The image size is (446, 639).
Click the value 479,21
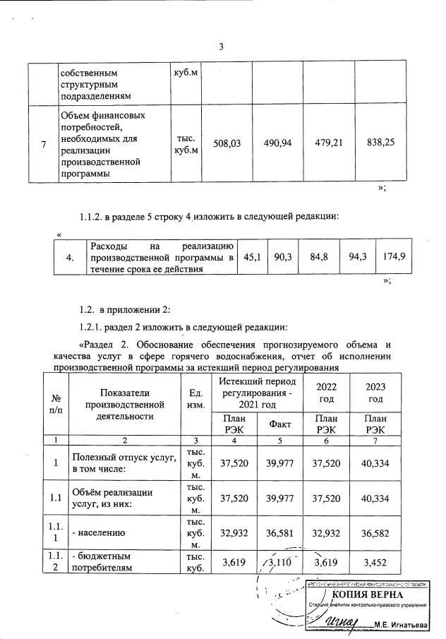click(x=328, y=143)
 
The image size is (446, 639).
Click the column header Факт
click(x=280, y=424)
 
